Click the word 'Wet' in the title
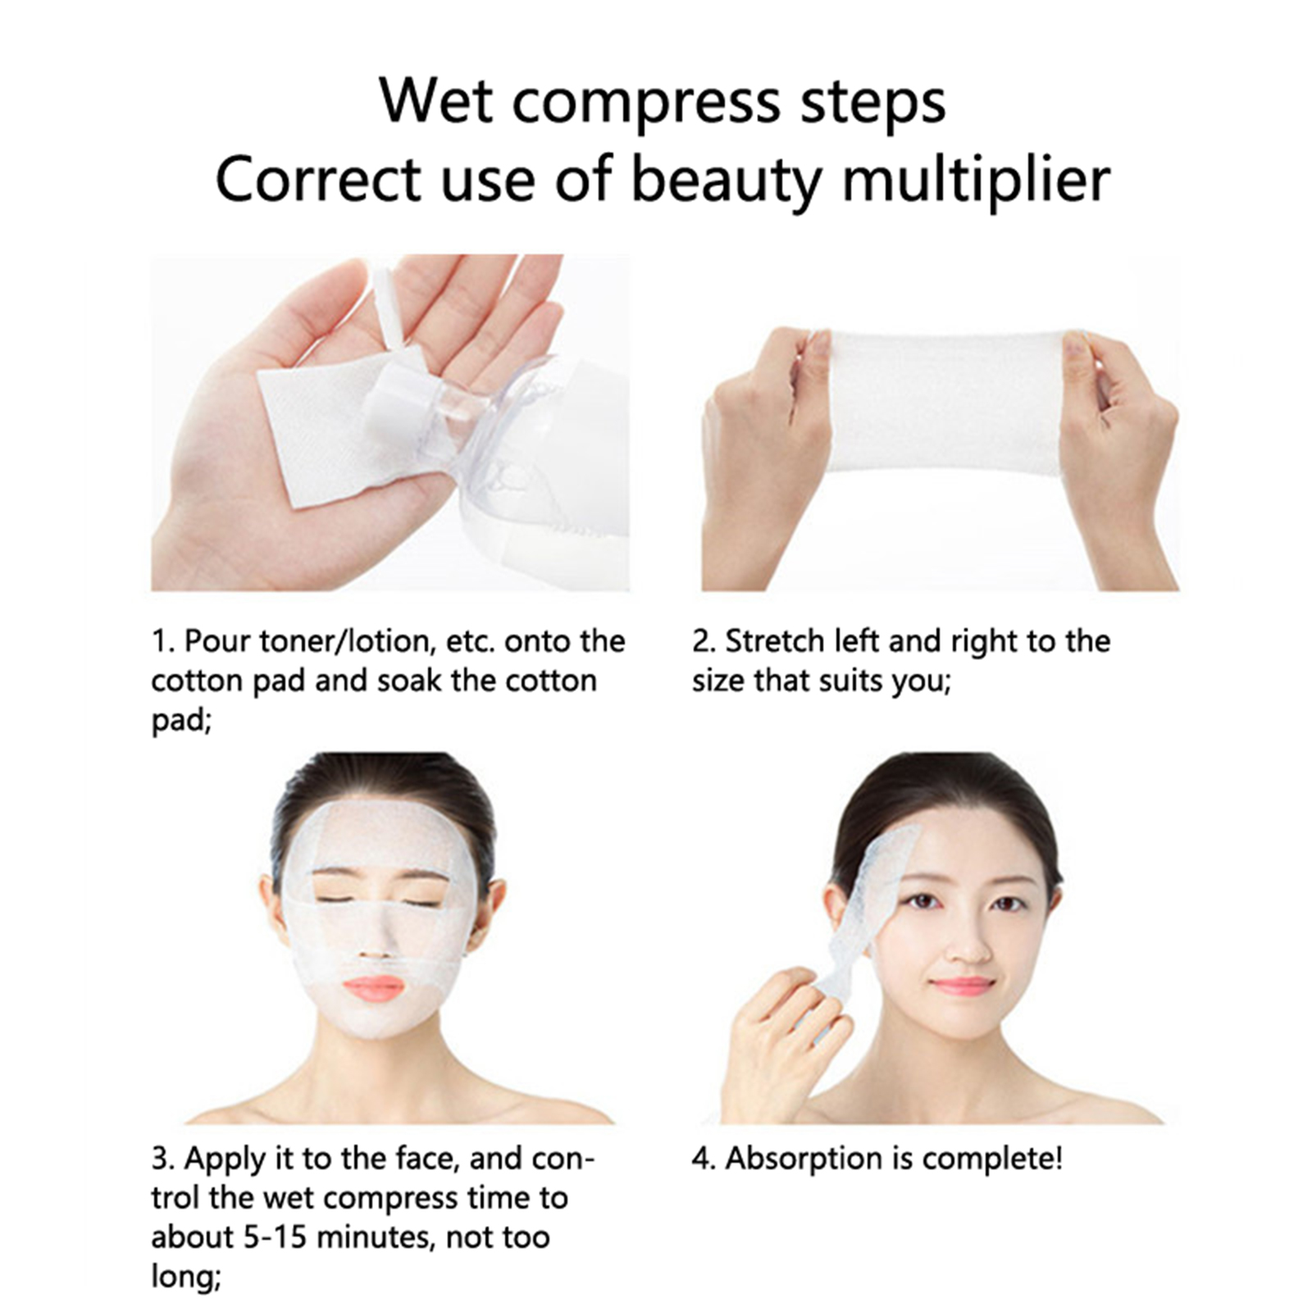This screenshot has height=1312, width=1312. point(436,101)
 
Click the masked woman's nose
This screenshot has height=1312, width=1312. point(378,940)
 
